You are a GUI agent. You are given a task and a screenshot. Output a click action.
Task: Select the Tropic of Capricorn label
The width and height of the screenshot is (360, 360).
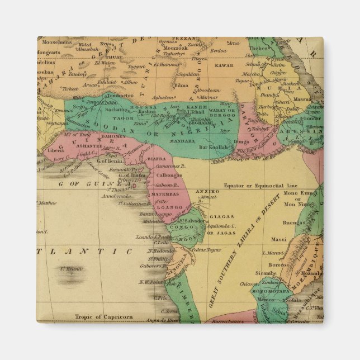click(104, 317)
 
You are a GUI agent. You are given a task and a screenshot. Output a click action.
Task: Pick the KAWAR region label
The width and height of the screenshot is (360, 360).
click(224, 65)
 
